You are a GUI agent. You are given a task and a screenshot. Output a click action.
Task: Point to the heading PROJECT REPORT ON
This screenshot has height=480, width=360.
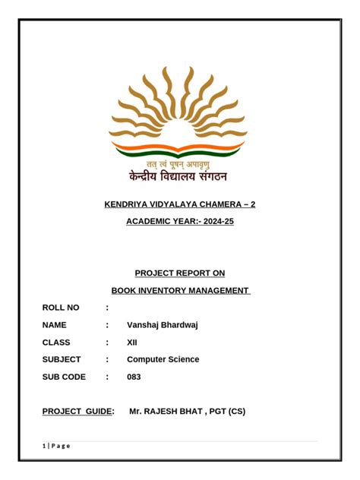tap(179, 273)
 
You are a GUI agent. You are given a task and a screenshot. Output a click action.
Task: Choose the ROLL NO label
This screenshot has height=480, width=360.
tap(60, 308)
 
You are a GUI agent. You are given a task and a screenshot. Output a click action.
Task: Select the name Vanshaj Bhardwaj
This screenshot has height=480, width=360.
tap(163, 325)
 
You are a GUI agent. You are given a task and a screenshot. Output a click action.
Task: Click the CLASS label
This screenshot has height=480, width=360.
tap(56, 343)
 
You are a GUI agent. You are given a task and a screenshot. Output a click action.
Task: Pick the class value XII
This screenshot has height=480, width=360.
tap(132, 343)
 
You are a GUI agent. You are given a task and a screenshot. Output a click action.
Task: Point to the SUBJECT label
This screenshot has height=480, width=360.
tap(61, 359)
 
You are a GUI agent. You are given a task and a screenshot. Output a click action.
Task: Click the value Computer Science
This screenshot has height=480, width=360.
tap(163, 359)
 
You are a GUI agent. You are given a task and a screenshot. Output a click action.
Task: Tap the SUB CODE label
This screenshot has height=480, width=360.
tap(64, 377)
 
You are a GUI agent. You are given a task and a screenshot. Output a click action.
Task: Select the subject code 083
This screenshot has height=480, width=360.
tap(134, 377)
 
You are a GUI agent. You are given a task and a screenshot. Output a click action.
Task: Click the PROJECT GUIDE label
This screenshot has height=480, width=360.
tap(77, 412)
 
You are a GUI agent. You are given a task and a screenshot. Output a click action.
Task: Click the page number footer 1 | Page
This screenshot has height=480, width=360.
tap(56, 446)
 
